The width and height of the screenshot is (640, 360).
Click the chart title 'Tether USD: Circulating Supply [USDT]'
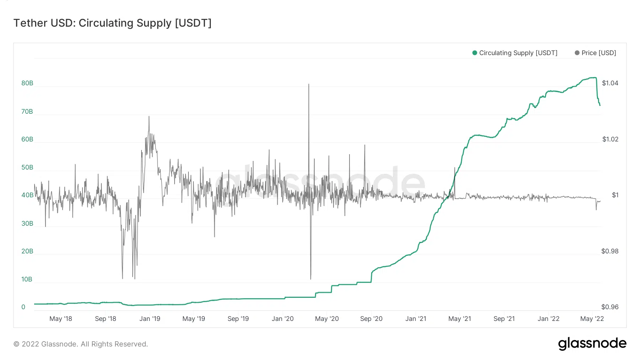click(112, 23)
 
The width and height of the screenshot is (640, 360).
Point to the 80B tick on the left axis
click(27, 83)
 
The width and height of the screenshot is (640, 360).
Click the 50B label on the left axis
click(27, 167)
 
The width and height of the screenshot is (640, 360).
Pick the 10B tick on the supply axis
click(27, 279)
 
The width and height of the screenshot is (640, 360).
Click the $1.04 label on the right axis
click(610, 83)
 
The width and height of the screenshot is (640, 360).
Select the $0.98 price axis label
click(610, 251)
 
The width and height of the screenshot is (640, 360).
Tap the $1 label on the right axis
click(615, 195)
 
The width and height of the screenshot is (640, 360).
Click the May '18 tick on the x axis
click(60, 319)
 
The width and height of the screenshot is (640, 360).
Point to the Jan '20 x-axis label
click(283, 319)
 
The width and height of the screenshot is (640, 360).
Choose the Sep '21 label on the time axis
click(504, 319)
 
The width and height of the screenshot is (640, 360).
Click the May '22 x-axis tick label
click(592, 319)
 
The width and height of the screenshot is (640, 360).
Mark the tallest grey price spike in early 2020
click(309, 85)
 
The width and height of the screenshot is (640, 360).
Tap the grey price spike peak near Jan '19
click(149, 117)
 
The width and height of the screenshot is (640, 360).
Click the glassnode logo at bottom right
click(592, 344)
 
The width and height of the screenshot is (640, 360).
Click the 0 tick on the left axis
click(23, 307)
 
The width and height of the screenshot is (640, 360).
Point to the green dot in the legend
click(474, 53)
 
